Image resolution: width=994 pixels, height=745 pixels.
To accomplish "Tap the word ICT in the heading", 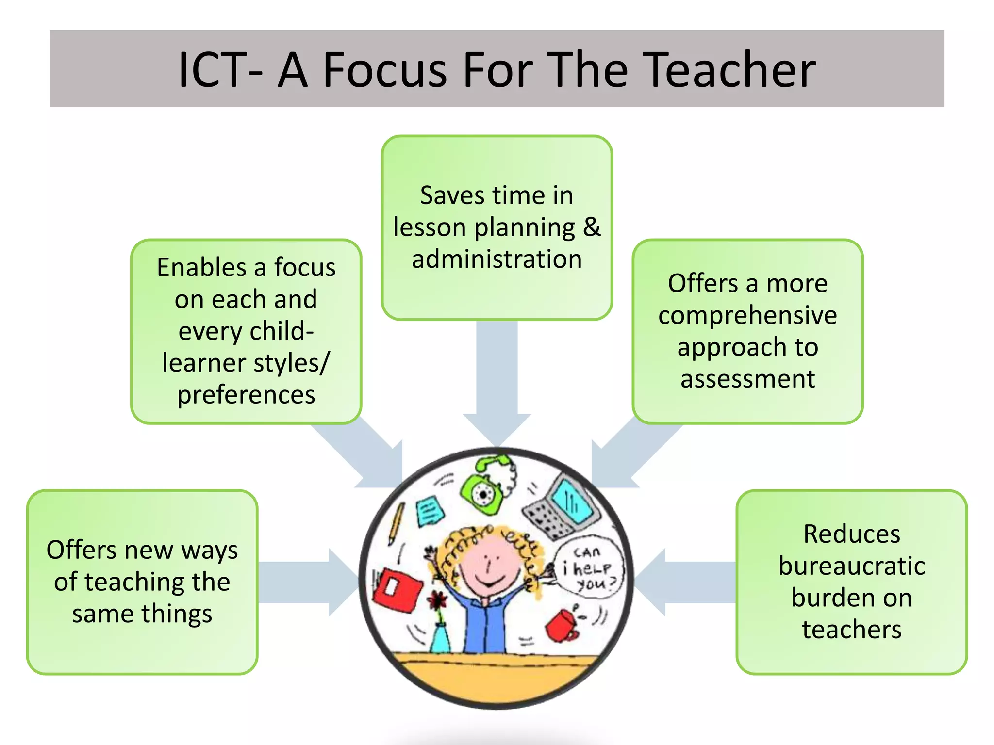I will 214,70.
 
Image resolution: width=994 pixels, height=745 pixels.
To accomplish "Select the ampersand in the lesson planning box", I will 592,227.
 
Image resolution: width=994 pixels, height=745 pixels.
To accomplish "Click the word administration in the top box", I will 497,259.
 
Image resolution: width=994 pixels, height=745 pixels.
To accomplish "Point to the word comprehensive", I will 747,315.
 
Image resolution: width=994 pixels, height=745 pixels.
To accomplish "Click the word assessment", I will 747,379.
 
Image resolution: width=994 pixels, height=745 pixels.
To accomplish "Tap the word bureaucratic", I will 852,566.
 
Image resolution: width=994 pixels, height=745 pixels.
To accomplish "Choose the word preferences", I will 246,395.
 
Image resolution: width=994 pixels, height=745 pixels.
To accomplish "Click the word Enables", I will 201,267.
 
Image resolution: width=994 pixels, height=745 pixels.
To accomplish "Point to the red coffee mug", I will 562,626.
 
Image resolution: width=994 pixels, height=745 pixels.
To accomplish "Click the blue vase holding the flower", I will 440,638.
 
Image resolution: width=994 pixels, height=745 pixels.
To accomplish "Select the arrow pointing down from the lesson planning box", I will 497,378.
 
